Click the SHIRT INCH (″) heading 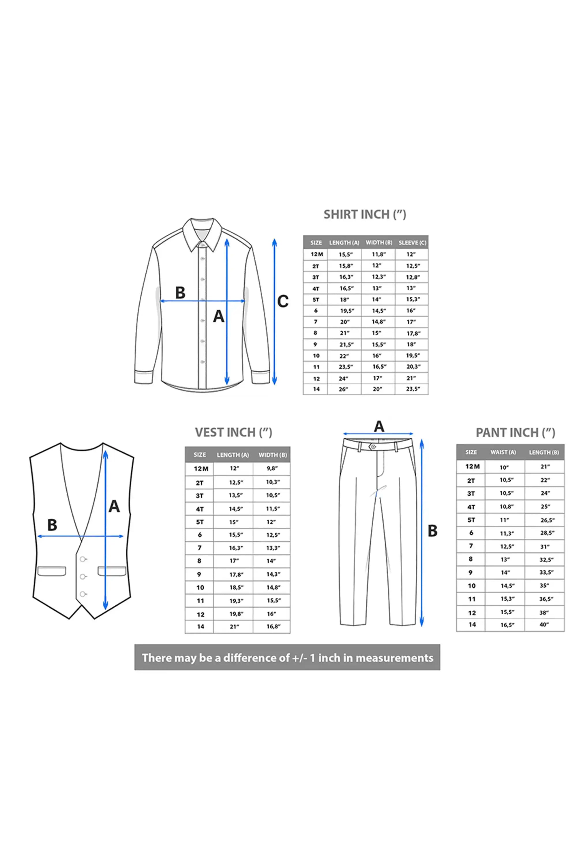point(365,214)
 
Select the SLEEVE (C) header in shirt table point(412,243)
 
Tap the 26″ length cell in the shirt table point(343,389)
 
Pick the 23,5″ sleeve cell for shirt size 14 point(413,389)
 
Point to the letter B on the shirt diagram point(180,293)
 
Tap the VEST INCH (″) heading point(233,432)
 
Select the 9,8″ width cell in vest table point(272,468)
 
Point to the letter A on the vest point(114,506)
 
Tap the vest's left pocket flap point(52,571)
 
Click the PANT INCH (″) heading point(515,433)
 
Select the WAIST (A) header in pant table point(503,452)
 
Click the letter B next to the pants point(432,531)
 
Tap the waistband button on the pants point(373,447)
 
